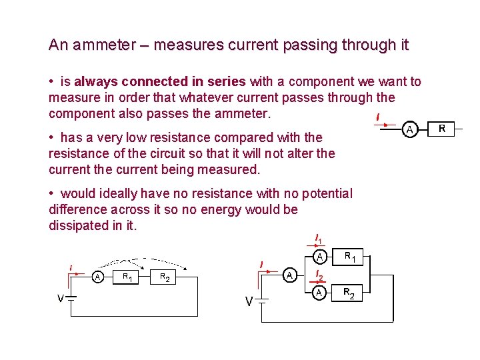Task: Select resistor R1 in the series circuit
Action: click(125, 276)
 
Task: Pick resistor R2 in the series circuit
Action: click(163, 276)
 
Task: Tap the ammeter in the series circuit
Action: click(98, 277)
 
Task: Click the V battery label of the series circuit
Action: click(60, 299)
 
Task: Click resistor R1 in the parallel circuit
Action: click(349, 257)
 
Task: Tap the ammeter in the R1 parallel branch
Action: click(320, 257)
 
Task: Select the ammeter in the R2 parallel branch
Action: click(320, 292)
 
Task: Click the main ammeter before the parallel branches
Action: click(289, 275)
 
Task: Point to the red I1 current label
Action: click(319, 239)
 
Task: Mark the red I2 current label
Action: click(319, 275)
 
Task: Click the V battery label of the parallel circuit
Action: click(249, 302)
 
